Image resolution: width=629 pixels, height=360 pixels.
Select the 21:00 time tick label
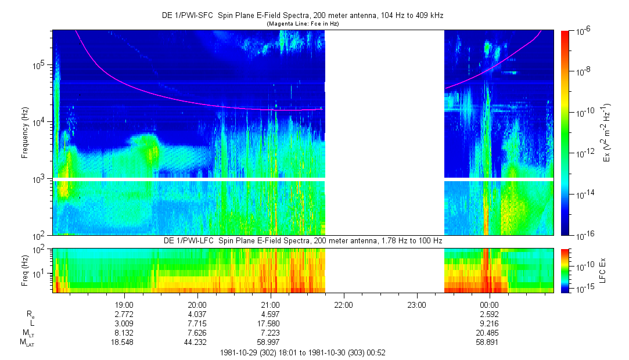tap(270, 304)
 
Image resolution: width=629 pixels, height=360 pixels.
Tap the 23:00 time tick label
tap(416, 304)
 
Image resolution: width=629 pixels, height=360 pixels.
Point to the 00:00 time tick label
tap(489, 304)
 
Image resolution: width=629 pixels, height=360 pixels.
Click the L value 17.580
tap(270, 323)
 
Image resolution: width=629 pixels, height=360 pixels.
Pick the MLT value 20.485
tap(489, 333)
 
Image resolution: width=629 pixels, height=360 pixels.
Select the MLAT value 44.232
tap(197, 343)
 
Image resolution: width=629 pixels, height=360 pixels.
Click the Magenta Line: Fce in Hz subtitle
tap(302, 24)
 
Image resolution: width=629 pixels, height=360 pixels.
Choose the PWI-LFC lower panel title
tap(303, 240)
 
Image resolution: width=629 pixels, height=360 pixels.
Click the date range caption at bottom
tap(302, 352)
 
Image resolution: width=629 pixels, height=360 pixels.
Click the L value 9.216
tap(489, 323)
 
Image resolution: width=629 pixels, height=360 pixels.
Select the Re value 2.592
tap(489, 314)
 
